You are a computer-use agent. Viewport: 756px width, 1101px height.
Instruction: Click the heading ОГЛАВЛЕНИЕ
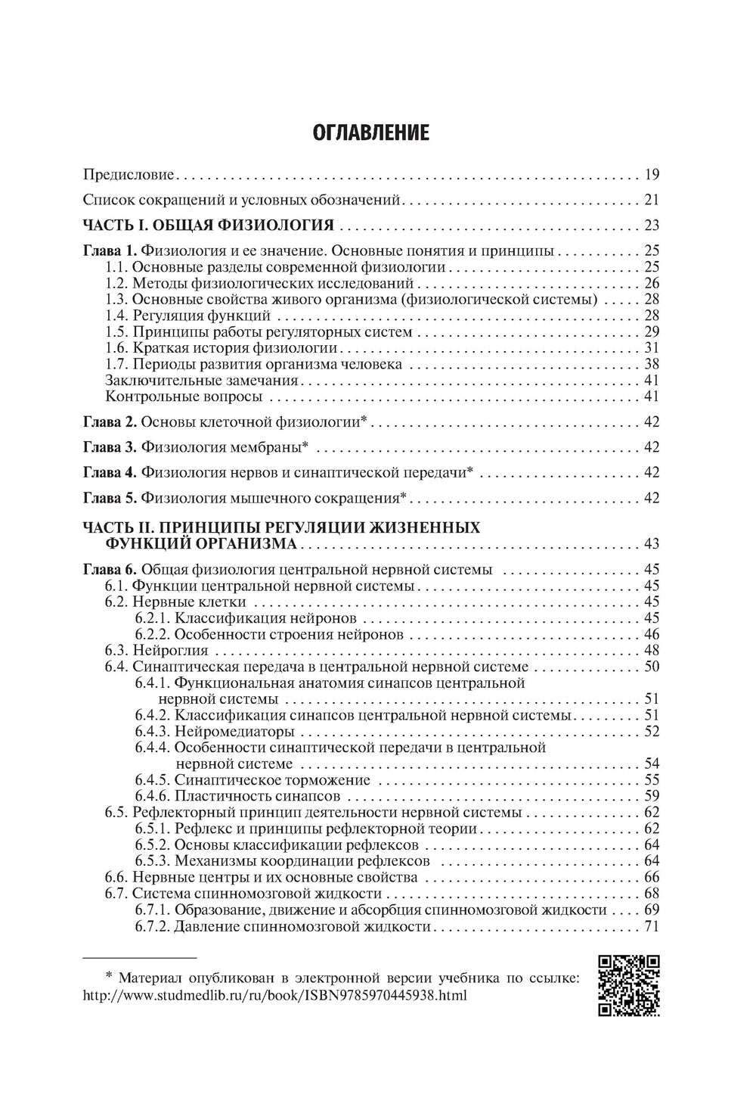(370, 134)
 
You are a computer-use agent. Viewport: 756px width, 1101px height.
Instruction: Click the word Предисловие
(129, 176)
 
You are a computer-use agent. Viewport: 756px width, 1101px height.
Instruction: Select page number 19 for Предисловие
(652, 176)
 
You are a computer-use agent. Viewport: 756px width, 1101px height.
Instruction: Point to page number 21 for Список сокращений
(652, 201)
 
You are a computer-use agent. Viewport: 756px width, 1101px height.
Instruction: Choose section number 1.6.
(117, 348)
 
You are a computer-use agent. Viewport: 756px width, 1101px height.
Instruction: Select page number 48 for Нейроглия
(652, 650)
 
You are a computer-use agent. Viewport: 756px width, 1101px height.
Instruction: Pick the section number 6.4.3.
(153, 731)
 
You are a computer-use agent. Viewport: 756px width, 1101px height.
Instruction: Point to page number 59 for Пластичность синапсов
(652, 796)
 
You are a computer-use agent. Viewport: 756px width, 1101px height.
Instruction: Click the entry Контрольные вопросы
(184, 397)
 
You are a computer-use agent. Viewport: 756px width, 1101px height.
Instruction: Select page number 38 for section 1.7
(652, 364)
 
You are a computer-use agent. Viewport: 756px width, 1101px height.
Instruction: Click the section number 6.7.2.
(153, 926)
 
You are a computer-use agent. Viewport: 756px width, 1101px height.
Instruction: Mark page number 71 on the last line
(652, 926)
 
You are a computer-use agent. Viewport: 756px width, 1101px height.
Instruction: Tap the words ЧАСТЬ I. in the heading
(110, 225)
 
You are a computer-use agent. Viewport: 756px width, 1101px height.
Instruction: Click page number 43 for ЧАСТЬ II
(652, 544)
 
